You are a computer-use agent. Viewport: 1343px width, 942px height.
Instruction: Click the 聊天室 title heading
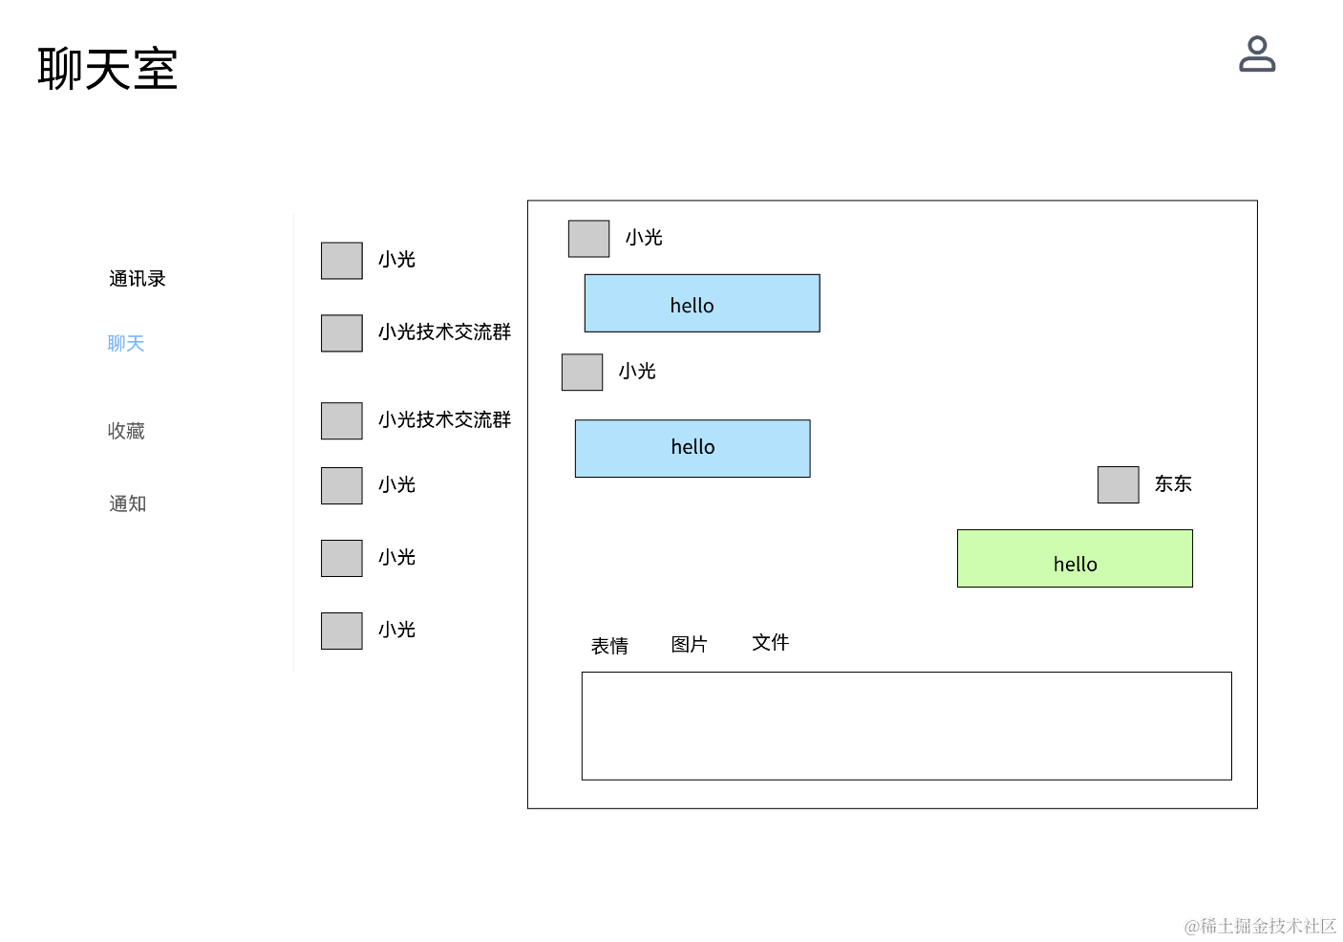(107, 69)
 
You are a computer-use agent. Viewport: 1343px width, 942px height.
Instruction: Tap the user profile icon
(1257, 54)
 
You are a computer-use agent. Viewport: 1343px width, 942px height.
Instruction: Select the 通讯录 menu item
(138, 279)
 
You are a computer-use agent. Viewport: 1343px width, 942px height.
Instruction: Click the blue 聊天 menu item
(126, 344)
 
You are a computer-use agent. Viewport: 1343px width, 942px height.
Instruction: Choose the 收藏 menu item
(126, 431)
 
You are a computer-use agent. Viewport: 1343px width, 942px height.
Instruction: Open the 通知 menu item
(127, 503)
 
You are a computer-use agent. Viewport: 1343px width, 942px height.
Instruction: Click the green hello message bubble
(1075, 558)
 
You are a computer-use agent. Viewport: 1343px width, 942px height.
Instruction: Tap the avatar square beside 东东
(1118, 484)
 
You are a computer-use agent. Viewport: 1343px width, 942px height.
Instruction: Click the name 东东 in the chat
(1173, 483)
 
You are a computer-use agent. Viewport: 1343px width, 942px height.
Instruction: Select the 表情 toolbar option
(609, 646)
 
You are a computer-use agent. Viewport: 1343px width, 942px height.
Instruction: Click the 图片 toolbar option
(689, 645)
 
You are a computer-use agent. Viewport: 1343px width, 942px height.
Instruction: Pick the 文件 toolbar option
(771, 643)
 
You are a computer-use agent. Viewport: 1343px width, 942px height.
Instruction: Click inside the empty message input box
(906, 726)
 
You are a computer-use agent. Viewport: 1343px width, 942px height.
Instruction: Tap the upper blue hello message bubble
(702, 304)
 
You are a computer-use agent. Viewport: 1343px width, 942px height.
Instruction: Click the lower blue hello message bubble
(693, 448)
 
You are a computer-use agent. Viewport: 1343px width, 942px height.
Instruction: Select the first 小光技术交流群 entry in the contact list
(444, 332)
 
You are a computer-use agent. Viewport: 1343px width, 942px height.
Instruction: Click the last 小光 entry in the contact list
(396, 631)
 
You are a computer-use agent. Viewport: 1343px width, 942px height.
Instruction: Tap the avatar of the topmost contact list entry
(341, 261)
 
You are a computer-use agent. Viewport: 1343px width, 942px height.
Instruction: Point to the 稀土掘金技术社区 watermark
(1260, 927)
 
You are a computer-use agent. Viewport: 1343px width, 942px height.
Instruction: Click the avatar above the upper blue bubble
(588, 239)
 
